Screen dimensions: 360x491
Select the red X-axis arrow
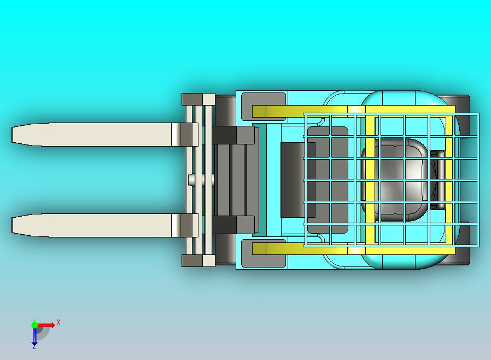coord(47,325)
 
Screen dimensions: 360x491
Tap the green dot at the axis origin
coord(34,325)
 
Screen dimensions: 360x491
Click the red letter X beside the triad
coord(59,323)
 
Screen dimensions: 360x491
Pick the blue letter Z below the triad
coord(34,347)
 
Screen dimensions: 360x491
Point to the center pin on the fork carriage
coord(191,179)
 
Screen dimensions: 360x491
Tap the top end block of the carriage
coord(198,99)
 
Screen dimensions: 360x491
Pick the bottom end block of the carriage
coord(198,260)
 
